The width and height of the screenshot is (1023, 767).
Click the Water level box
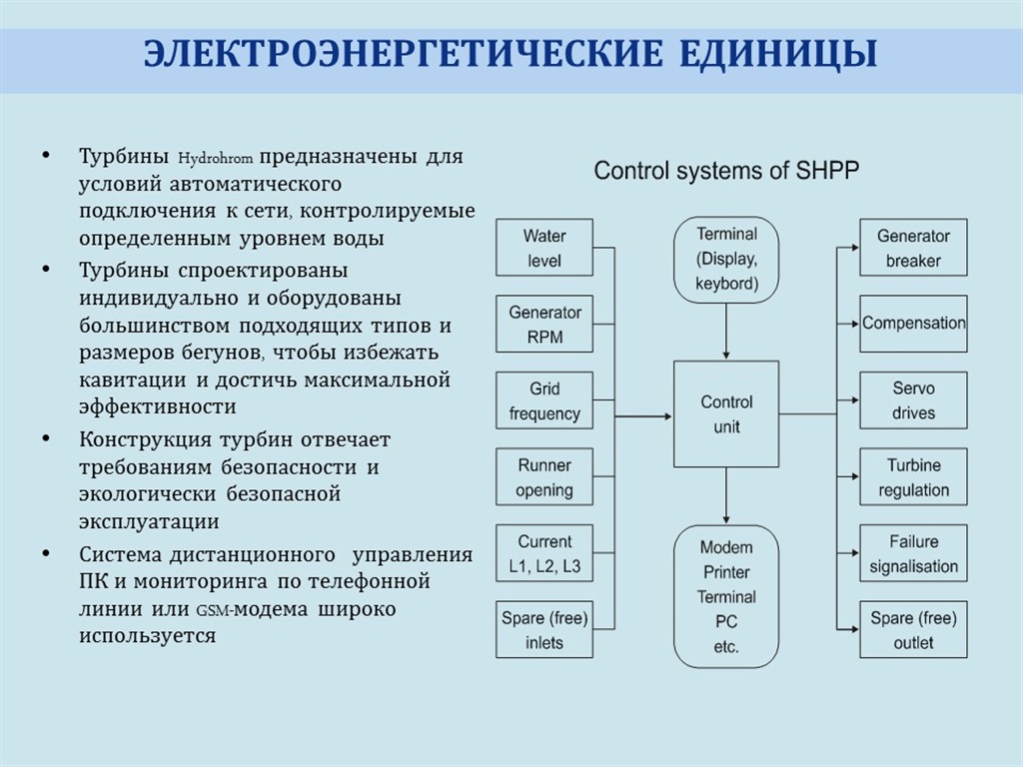tap(544, 248)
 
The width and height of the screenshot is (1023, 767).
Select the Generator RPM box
tap(544, 325)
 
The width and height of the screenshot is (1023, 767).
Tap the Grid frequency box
tap(544, 400)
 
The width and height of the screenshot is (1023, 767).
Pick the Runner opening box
tap(544, 476)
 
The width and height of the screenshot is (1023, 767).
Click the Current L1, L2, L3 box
tap(544, 553)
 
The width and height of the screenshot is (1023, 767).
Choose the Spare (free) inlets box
tap(544, 629)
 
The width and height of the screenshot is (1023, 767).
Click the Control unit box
tap(726, 414)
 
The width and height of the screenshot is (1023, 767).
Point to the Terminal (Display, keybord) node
tap(726, 260)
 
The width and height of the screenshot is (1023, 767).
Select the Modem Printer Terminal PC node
tap(726, 596)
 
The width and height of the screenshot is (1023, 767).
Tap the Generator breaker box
tap(913, 248)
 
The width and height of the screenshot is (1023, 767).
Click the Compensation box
tap(913, 325)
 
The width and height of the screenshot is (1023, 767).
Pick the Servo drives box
tap(913, 400)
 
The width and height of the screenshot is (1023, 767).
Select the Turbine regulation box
tap(913, 476)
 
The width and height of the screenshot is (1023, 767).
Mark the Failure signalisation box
tap(913, 553)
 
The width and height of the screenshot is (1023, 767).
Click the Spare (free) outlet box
tap(913, 629)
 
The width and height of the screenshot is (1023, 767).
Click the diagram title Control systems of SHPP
tap(726, 171)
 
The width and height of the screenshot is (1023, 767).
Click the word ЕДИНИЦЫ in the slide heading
tap(777, 55)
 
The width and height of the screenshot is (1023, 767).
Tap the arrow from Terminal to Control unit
tap(726, 332)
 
